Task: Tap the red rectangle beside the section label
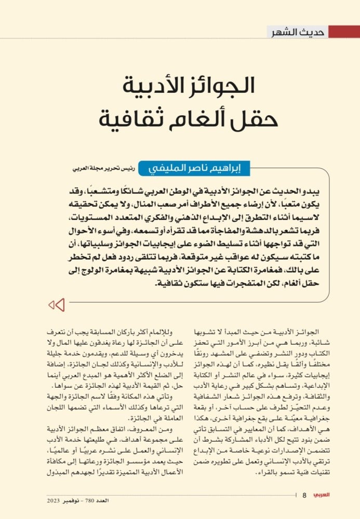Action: click(344, 32)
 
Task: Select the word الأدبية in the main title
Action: click(150, 86)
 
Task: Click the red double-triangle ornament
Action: click(56, 305)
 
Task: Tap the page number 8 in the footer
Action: click(305, 495)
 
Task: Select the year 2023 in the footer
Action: click(54, 501)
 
